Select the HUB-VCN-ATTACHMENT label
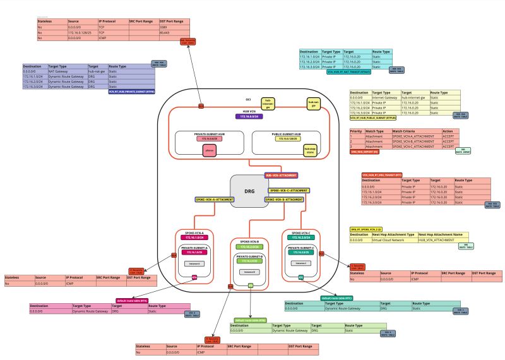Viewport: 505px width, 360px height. (x=280, y=175)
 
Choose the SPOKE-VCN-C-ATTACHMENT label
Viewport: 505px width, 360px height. (x=289, y=190)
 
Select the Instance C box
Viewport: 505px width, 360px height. (x=300, y=263)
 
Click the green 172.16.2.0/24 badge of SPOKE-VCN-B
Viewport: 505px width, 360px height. (x=250, y=246)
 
